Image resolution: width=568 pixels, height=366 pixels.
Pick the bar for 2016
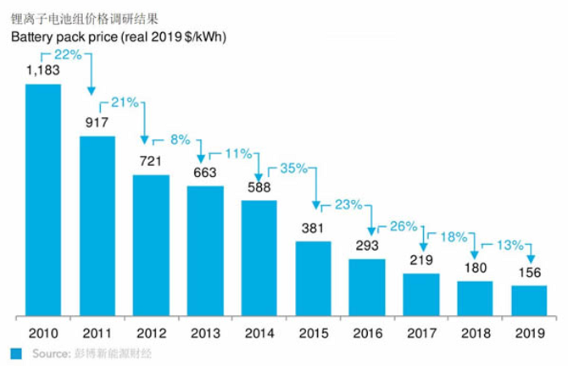point(366,286)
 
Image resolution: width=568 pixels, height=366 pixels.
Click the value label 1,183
point(42,72)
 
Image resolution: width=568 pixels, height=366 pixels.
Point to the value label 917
point(97,125)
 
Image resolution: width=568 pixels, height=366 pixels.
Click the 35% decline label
point(292,168)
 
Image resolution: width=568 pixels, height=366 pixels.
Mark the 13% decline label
point(509,246)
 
